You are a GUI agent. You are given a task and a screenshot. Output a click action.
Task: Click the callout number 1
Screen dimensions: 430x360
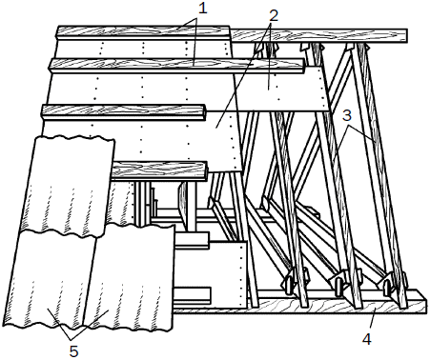(x=202, y=9)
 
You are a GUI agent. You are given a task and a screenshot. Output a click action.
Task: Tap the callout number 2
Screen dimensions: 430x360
(x=274, y=15)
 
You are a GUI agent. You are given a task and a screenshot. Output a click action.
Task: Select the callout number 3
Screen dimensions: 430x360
(x=347, y=116)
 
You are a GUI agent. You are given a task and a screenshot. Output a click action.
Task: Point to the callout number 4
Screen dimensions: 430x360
(x=367, y=340)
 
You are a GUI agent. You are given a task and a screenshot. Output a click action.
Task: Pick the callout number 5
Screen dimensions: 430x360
(x=73, y=351)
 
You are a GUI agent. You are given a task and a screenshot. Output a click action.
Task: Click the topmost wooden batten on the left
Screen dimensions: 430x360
(x=143, y=32)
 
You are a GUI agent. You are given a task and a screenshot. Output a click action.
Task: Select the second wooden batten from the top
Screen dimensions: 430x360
(x=176, y=65)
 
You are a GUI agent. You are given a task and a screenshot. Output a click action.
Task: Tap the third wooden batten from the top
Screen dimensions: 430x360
(x=124, y=112)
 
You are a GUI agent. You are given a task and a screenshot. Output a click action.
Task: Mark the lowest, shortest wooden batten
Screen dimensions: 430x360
(x=159, y=170)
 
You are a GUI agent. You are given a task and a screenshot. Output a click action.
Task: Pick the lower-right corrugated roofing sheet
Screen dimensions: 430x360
(x=132, y=277)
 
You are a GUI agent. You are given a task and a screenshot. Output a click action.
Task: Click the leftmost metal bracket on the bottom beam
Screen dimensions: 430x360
(x=295, y=279)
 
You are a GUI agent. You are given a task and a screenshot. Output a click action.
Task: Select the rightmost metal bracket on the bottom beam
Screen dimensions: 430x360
(x=394, y=282)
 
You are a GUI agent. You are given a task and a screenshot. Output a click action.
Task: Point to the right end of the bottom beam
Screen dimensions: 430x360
(x=425, y=302)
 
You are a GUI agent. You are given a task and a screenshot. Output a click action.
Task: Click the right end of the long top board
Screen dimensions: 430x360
(x=407, y=35)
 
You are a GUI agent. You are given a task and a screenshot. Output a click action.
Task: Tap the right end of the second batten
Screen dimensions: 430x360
(x=304, y=66)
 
